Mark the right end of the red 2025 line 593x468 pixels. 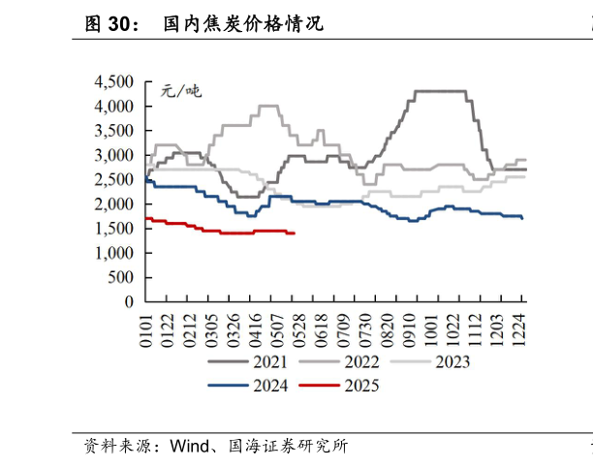(295, 234)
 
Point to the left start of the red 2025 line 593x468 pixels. (145, 219)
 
